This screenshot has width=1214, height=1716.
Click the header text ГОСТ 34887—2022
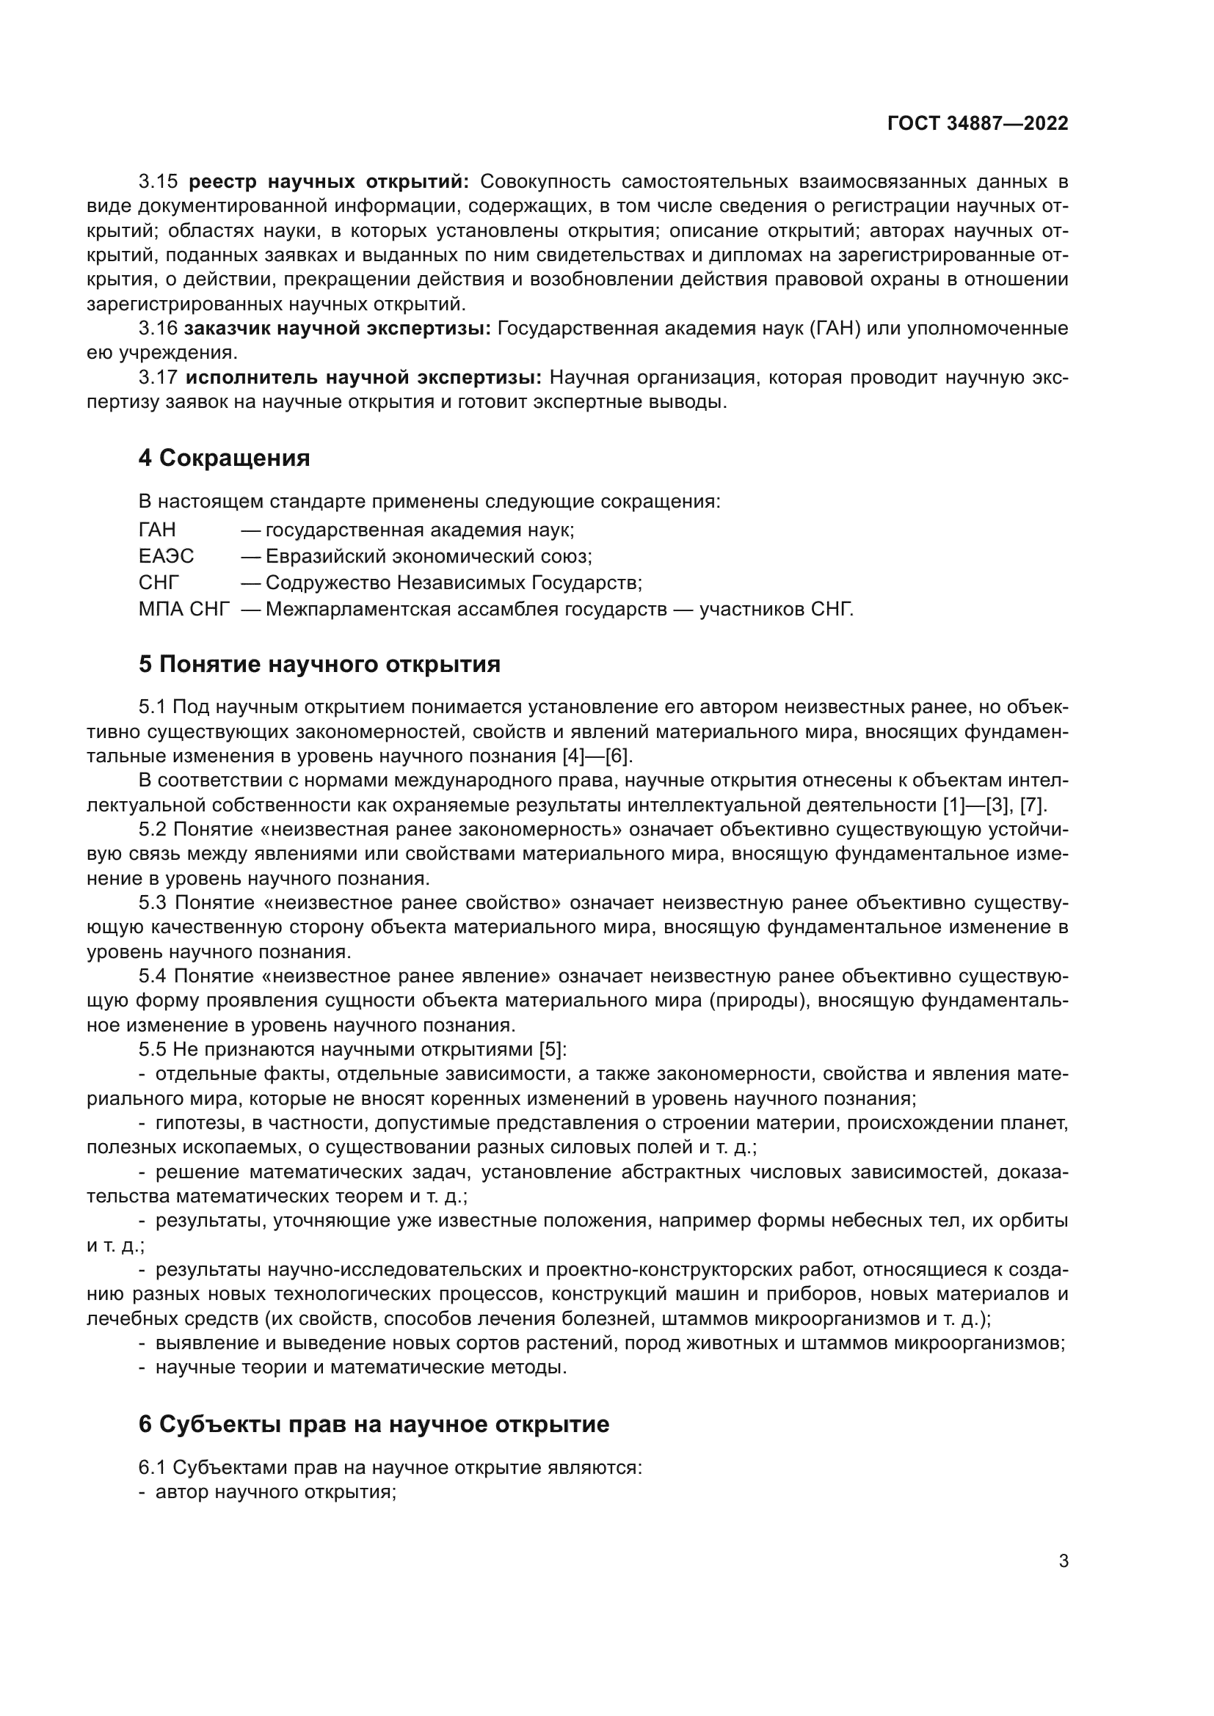click(x=978, y=123)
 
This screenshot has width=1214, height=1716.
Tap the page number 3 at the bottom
click(x=1063, y=1560)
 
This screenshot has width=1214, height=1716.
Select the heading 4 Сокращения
click(x=225, y=457)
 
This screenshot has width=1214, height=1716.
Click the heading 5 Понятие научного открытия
click(x=319, y=664)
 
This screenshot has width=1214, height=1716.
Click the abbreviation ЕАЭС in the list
click(x=166, y=556)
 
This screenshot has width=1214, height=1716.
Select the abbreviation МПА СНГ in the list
click(x=184, y=608)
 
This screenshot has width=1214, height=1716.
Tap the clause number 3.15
click(x=158, y=182)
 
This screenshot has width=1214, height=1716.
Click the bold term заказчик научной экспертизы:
click(x=337, y=328)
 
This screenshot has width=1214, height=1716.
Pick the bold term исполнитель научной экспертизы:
click(x=363, y=377)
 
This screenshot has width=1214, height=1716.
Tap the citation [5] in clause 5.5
click(x=553, y=1049)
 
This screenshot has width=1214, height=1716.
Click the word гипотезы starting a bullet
click(x=196, y=1123)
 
